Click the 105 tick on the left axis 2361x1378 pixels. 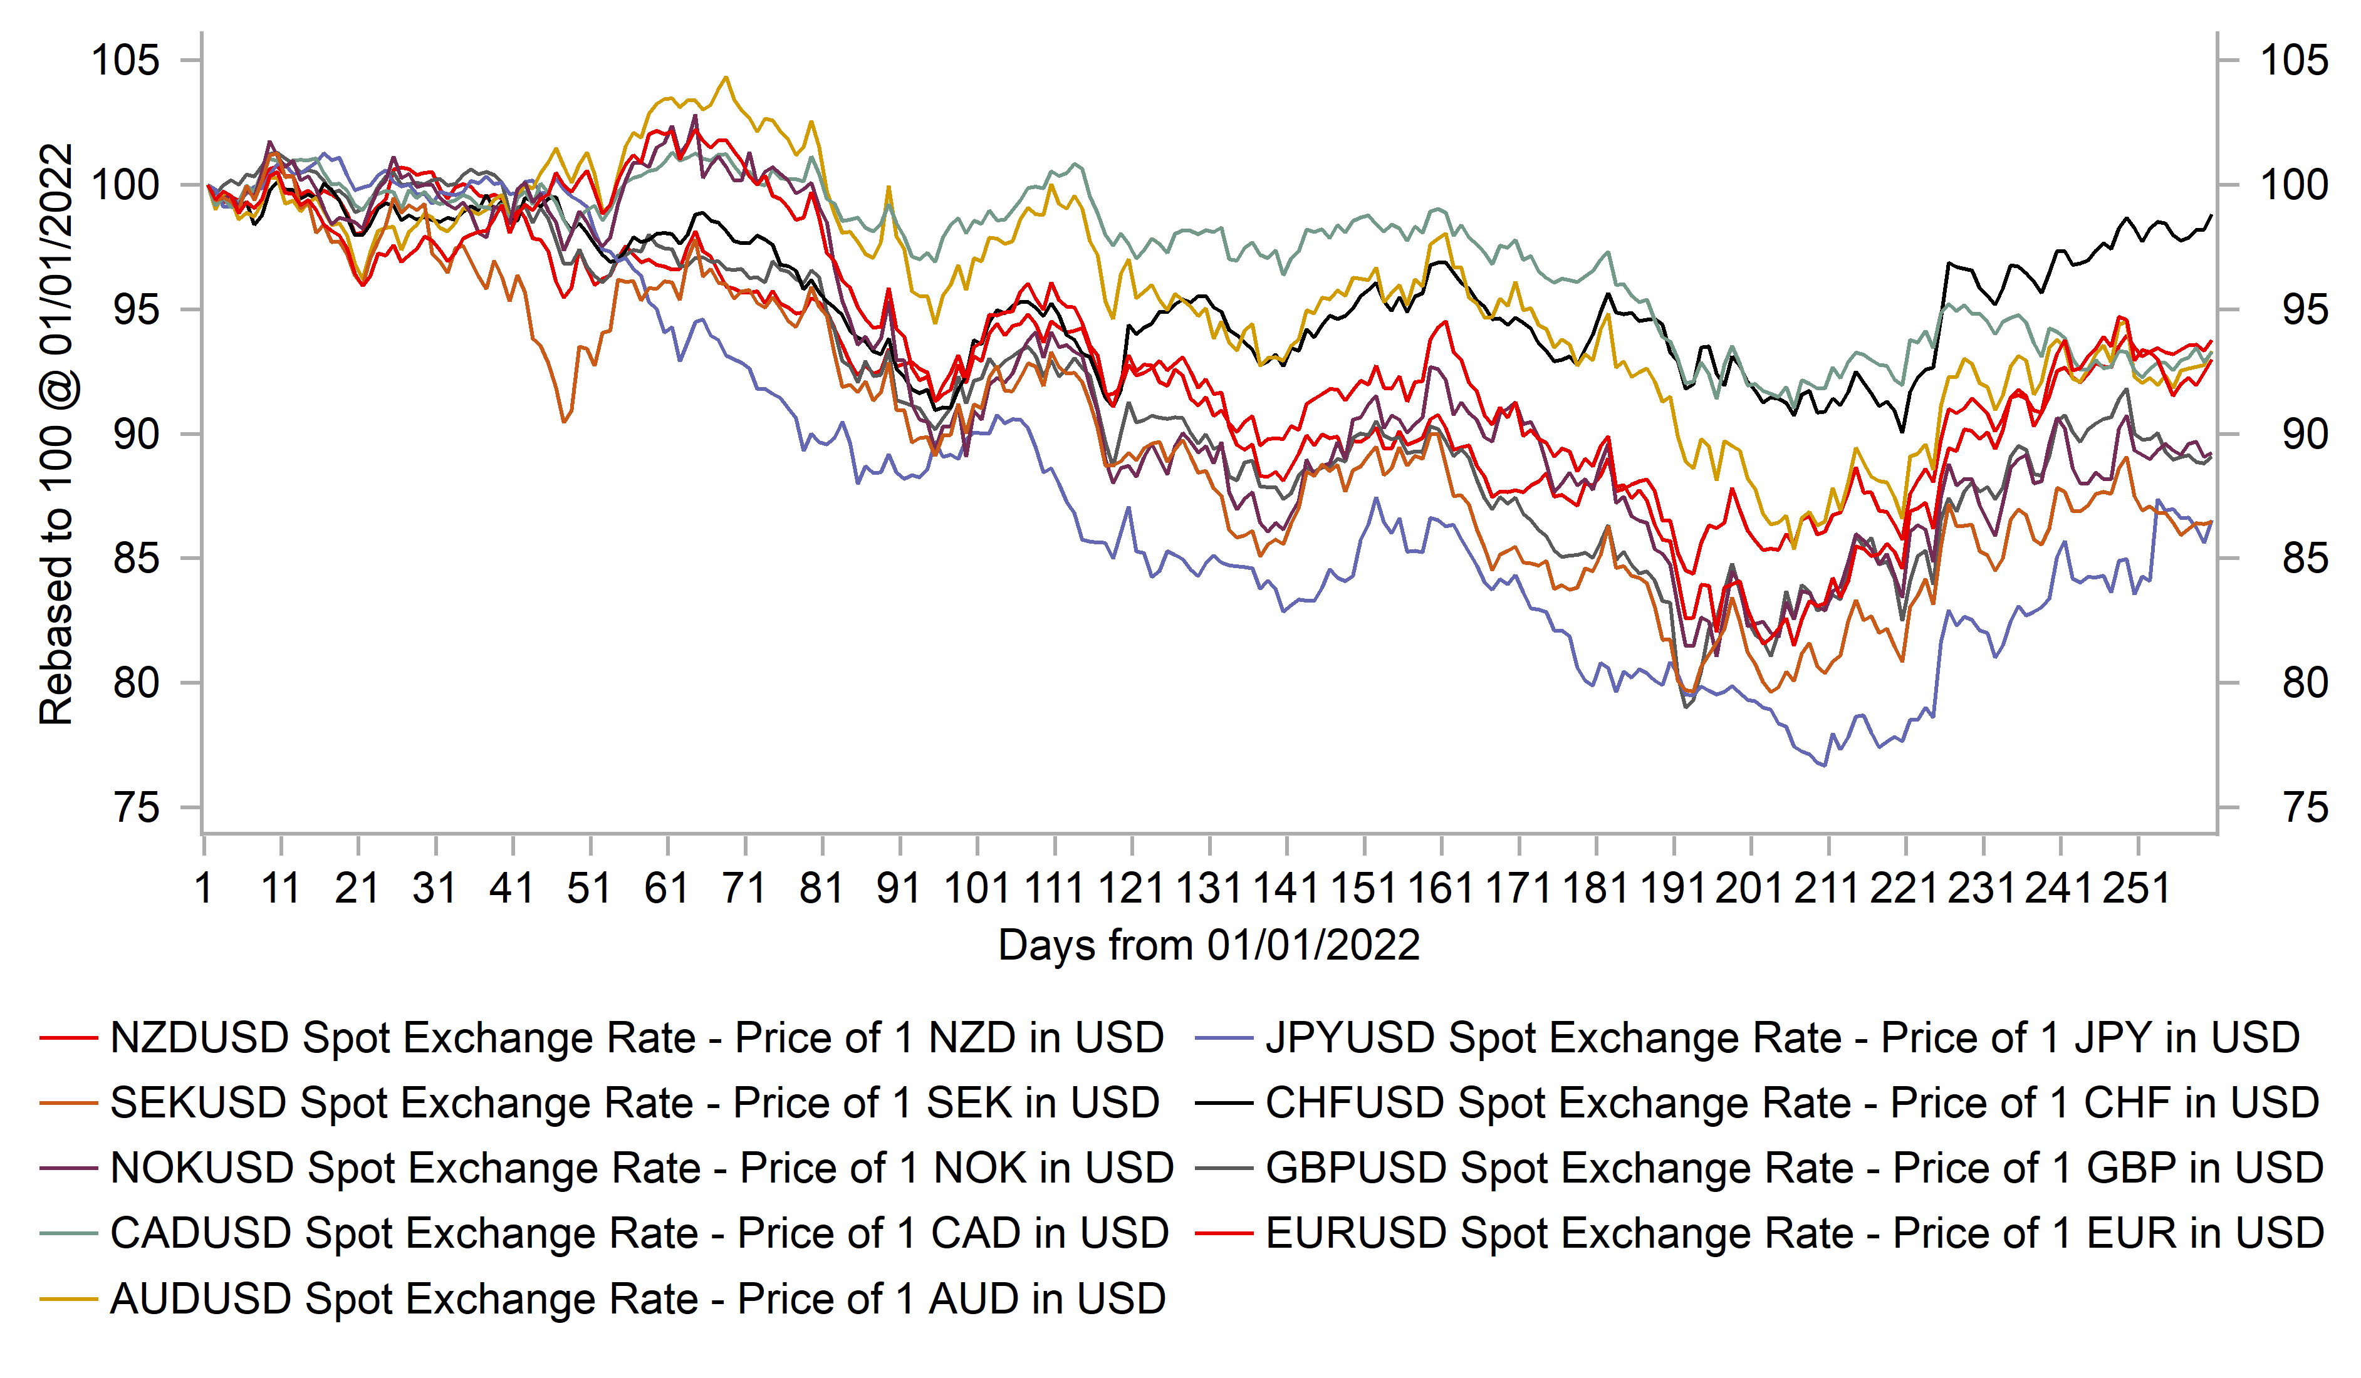[125, 61]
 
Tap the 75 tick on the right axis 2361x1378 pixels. [2305, 807]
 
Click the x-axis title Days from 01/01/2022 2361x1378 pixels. [1209, 945]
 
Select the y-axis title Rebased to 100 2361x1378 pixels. [56, 433]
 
